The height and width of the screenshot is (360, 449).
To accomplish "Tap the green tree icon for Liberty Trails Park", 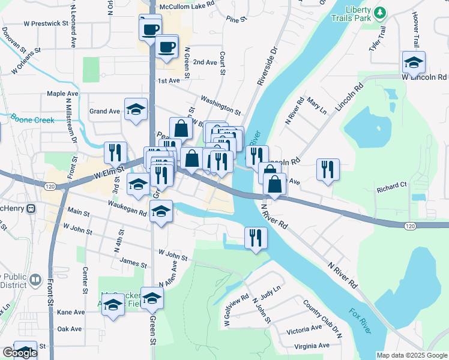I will tap(379, 12).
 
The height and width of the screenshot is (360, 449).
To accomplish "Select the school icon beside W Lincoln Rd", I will tap(414, 62).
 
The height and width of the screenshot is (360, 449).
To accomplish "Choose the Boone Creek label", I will tap(28, 120).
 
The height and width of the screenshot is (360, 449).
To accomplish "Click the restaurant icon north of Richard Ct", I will tap(328, 169).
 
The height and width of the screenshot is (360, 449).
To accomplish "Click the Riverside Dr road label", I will tap(267, 66).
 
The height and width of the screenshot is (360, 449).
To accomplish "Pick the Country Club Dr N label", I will tap(323, 317).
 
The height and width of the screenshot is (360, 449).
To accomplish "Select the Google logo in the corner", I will tap(19, 353).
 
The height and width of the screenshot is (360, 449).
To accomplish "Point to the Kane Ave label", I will tap(71, 313).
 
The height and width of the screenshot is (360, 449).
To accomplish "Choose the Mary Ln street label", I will tap(316, 106).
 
